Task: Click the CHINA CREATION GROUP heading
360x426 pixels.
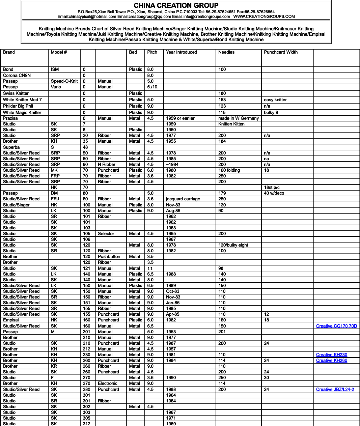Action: click(176, 5)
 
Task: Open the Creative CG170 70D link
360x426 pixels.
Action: click(336, 326)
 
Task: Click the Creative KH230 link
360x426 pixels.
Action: click(331, 355)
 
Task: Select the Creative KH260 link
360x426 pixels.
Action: click(331, 361)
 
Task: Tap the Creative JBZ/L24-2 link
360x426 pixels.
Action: click(335, 390)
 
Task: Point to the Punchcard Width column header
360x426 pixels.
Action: click(281, 52)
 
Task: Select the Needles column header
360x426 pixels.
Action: click(226, 52)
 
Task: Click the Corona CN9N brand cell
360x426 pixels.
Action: click(17, 76)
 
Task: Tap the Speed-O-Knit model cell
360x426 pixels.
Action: click(64, 81)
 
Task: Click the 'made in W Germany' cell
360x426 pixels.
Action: click(238, 118)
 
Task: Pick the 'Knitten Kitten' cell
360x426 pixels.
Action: click(231, 124)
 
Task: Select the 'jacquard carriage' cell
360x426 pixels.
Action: click(183, 199)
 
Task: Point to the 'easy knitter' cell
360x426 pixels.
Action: click(275, 100)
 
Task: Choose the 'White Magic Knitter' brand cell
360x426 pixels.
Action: click(22, 113)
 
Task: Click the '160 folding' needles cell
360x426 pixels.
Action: click(229, 170)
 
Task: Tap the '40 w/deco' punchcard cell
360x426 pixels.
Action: click(274, 193)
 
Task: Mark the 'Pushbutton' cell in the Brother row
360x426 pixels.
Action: click(109, 257)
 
